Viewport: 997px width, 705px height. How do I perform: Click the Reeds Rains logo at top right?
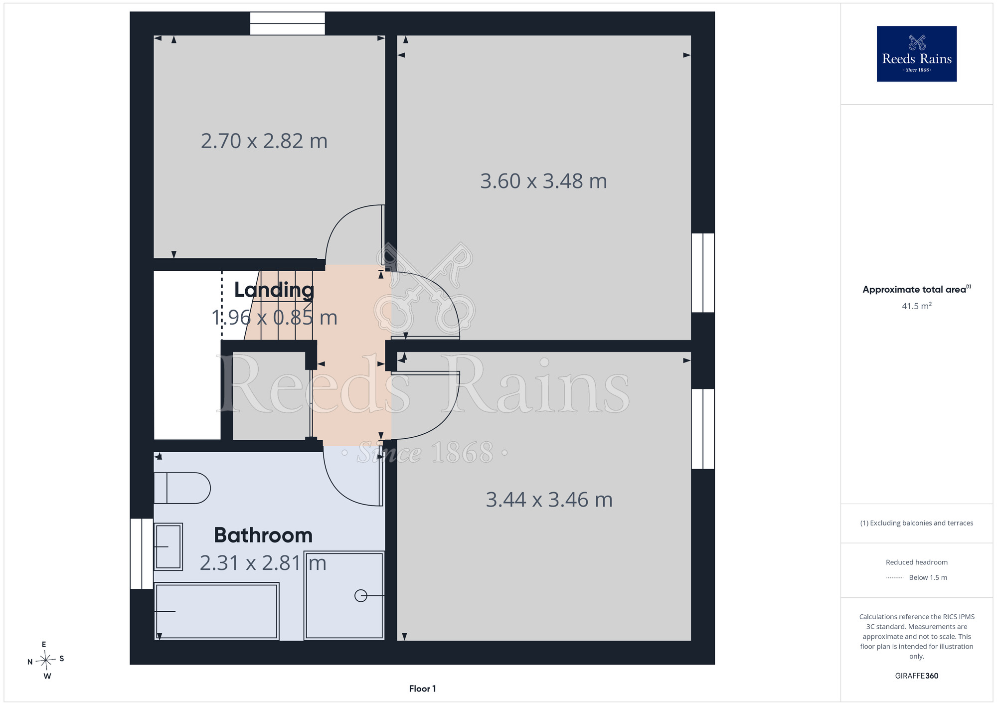tap(916, 54)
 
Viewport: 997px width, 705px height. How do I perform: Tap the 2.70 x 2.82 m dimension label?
tap(264, 141)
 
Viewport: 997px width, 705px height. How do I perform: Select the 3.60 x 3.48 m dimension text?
tap(543, 181)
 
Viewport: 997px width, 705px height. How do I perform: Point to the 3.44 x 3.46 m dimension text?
tap(549, 500)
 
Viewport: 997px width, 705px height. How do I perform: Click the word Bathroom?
tap(263, 535)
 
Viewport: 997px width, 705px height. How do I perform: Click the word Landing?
tap(274, 290)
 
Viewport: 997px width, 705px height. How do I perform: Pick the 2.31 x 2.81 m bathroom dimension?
tap(263, 563)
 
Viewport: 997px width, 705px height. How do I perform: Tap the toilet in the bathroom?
tap(182, 488)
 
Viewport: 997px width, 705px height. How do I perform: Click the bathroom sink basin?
tap(168, 546)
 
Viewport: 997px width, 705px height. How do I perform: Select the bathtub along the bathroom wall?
tap(216, 611)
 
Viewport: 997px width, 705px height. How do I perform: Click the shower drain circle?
tap(360, 596)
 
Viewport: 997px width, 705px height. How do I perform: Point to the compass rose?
tap(46, 661)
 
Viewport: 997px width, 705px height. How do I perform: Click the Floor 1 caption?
tap(422, 689)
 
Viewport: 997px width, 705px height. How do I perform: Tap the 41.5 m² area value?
tap(916, 306)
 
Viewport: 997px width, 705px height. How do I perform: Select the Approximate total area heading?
tap(916, 289)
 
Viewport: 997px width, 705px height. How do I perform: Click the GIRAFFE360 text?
tap(916, 676)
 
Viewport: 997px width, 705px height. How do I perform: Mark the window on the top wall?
tap(287, 23)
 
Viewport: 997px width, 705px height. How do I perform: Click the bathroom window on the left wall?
tap(142, 554)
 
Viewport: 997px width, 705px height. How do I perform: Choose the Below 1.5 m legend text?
tap(928, 577)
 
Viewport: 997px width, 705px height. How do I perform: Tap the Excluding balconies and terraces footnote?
tap(916, 523)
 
